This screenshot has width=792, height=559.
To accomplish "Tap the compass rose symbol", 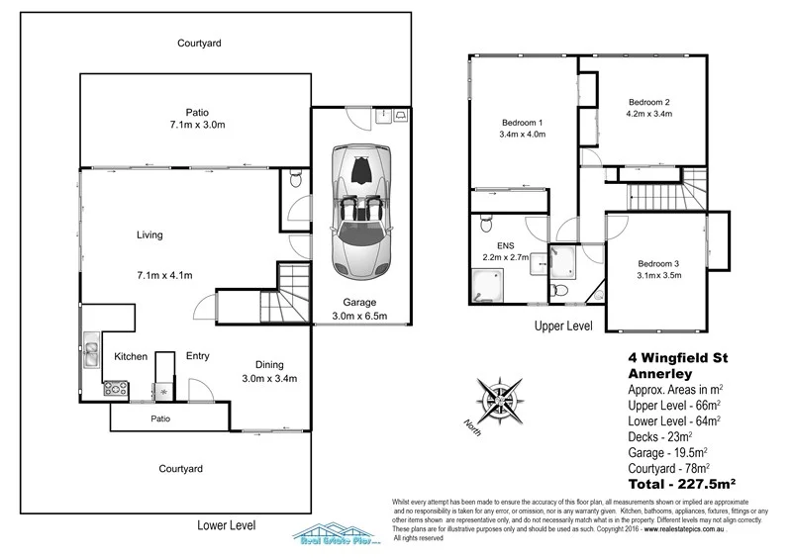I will click(x=499, y=399).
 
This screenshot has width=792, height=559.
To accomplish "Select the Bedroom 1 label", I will click(x=522, y=122).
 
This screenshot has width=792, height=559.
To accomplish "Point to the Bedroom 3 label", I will click(x=658, y=264).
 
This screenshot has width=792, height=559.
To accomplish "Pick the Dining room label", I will click(x=269, y=364).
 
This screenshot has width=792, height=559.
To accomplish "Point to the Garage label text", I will click(x=359, y=303).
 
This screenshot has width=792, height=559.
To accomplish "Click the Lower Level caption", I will click(x=227, y=525).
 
